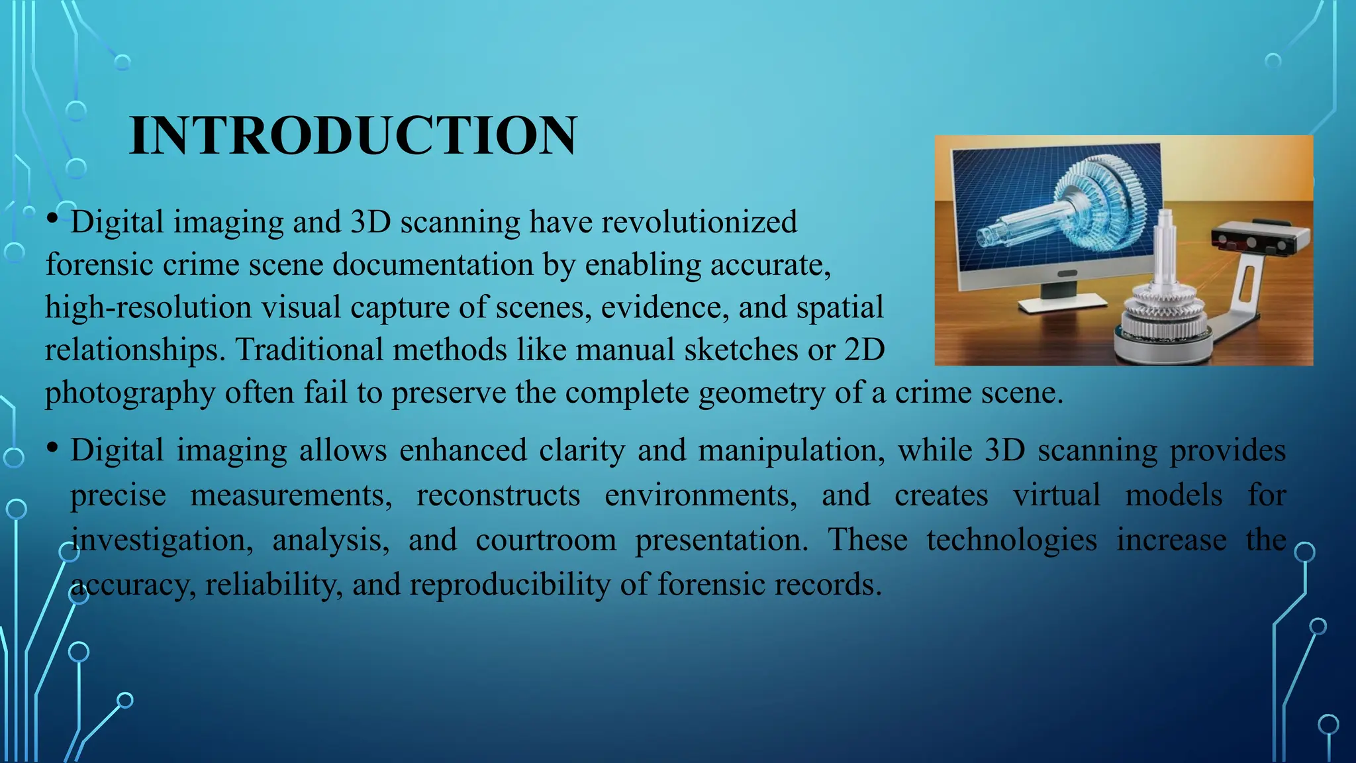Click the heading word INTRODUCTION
coord(353,136)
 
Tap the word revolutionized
coord(699,222)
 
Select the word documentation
coord(433,265)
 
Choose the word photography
coord(130,393)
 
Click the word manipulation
coord(791,451)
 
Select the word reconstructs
coord(498,496)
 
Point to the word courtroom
coord(546,540)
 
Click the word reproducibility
coord(510,585)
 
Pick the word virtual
coord(1057,496)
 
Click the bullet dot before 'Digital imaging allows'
coord(52,448)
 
